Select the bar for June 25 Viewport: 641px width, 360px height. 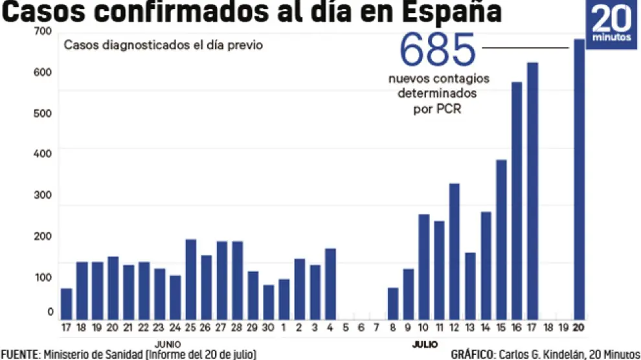(191, 279)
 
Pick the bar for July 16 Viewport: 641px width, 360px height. (517, 201)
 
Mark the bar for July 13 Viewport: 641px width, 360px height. (470, 286)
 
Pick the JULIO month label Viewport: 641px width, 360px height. (425, 343)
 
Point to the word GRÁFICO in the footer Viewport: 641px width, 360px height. (473, 354)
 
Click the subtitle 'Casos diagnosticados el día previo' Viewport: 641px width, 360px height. (163, 46)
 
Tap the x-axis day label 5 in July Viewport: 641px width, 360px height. (346, 328)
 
